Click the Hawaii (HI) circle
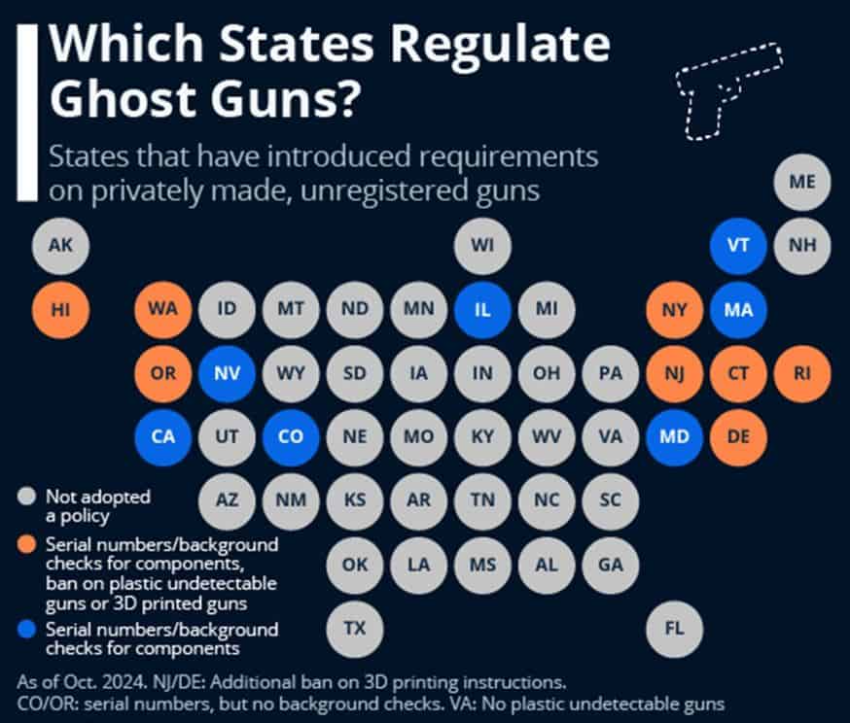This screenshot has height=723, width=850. click(x=60, y=310)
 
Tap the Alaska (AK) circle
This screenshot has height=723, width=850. click(x=60, y=245)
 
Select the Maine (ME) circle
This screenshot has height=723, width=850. click(x=802, y=182)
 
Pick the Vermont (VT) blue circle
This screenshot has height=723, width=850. click(x=738, y=245)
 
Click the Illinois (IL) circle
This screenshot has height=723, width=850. click(x=482, y=310)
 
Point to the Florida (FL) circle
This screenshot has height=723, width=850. click(x=674, y=627)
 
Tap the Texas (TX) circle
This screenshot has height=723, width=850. click(x=355, y=627)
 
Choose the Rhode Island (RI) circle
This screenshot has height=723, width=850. click(x=802, y=373)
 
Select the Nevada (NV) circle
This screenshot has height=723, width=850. click(x=227, y=373)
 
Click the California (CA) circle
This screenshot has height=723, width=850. click(x=162, y=436)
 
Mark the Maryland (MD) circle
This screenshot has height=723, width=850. click(x=674, y=436)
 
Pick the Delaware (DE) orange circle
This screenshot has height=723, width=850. click(x=738, y=436)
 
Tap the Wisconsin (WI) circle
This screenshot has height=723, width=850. click(x=482, y=245)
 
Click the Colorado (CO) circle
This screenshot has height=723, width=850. click(x=291, y=436)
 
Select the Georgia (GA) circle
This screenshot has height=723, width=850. click(x=611, y=564)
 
